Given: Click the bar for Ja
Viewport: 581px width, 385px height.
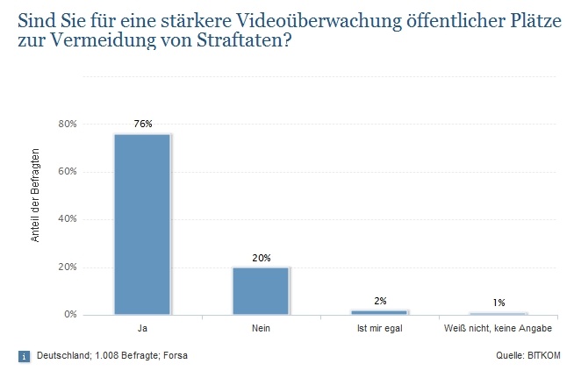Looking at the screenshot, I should click(142, 224).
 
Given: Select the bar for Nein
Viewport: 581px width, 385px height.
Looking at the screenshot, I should click(261, 290).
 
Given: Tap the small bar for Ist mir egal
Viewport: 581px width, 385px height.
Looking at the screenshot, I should click(379, 311).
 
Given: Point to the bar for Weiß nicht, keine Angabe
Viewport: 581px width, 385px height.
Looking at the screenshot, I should click(498, 313).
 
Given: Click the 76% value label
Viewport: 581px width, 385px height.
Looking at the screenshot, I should click(143, 124).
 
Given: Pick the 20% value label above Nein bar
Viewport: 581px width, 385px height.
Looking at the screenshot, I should click(261, 258).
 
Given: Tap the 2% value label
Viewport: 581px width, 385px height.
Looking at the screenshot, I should click(379, 301).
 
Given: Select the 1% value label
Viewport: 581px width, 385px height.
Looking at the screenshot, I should click(499, 303).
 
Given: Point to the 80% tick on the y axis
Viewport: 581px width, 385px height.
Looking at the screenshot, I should click(67, 124).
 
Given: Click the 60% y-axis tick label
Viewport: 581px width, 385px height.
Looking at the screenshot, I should click(67, 172).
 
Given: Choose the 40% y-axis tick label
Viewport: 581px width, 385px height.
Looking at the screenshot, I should click(67, 219).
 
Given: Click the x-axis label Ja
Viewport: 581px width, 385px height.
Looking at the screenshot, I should click(142, 329).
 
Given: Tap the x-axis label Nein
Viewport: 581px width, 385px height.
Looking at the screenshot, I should click(261, 329).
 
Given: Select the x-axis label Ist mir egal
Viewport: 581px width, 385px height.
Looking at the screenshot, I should click(379, 329).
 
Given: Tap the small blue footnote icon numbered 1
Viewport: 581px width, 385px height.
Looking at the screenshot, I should click(23, 356).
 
